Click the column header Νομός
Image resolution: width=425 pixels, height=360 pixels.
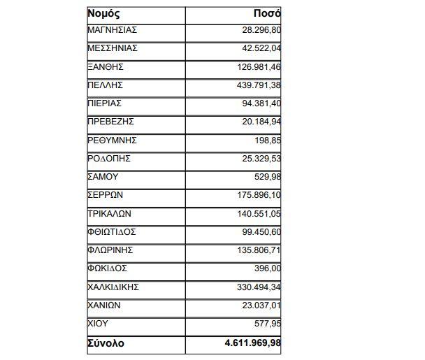tap(103, 13)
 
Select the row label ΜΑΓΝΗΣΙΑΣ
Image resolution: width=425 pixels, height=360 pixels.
tap(112, 31)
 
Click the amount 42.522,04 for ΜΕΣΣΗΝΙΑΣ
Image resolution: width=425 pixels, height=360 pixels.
tap(259, 49)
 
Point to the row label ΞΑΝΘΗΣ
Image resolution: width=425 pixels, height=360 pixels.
tap(106, 67)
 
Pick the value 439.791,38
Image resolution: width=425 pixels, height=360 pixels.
tap(257, 85)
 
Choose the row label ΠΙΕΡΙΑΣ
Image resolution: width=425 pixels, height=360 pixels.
tap(106, 103)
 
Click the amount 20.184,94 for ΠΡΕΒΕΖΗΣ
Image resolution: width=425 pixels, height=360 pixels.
tap(259, 122)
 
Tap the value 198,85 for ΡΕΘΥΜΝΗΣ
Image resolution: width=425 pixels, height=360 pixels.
tap(267, 141)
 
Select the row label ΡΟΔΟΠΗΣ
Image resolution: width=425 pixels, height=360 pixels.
tap(109, 159)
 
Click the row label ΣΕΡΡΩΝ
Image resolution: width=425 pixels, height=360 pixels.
tap(107, 195)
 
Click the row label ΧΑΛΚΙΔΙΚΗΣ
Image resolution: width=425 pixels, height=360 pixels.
tap(114, 287)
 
